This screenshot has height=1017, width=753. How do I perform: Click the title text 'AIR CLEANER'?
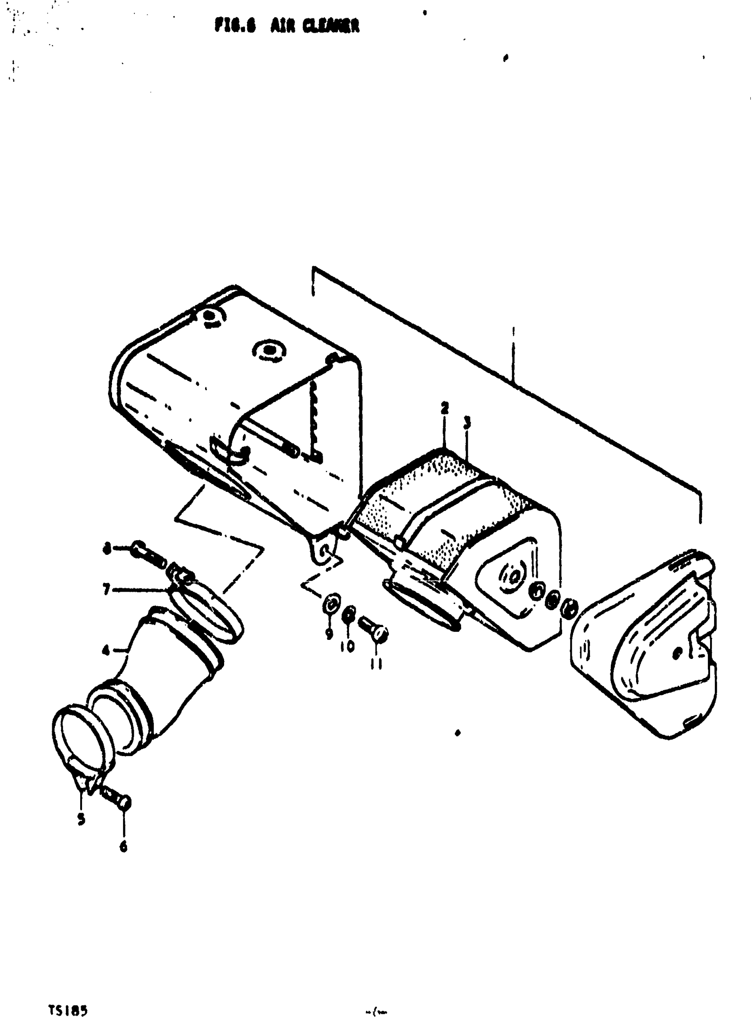(314, 26)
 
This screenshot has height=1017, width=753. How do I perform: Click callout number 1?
(513, 330)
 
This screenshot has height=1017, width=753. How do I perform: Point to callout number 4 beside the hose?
(106, 651)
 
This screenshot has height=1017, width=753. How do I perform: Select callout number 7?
(106, 590)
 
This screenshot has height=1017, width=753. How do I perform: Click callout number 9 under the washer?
(329, 635)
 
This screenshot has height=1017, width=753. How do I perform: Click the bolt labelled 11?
(375, 629)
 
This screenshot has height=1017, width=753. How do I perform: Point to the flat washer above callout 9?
(331, 605)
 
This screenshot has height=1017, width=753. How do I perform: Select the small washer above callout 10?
(349, 615)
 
